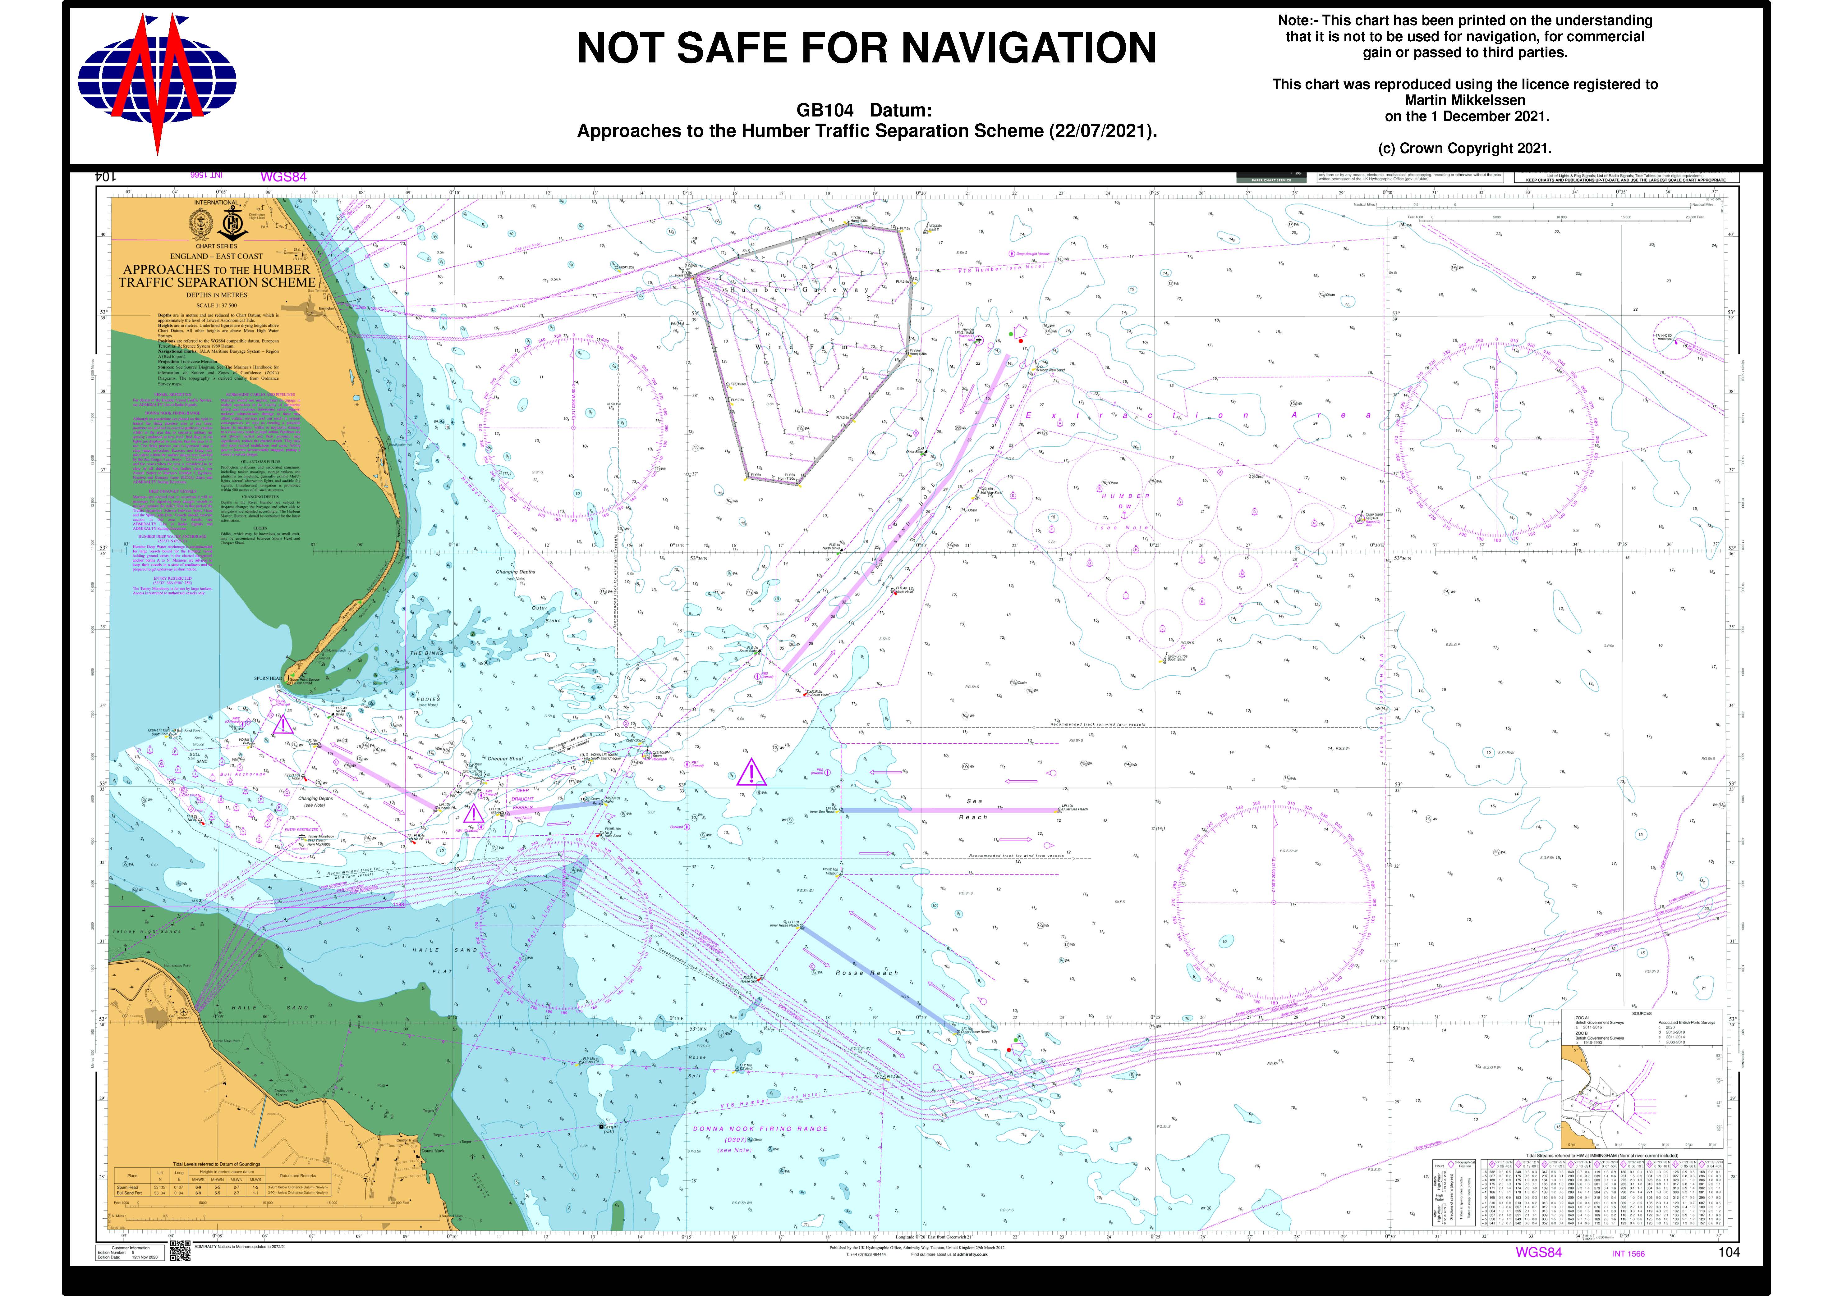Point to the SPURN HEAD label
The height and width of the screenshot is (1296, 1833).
pyautogui.click(x=268, y=678)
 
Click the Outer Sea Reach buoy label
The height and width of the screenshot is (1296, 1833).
pyautogui.click(x=1074, y=809)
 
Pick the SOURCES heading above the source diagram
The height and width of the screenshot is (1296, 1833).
pyautogui.click(x=1641, y=1014)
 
